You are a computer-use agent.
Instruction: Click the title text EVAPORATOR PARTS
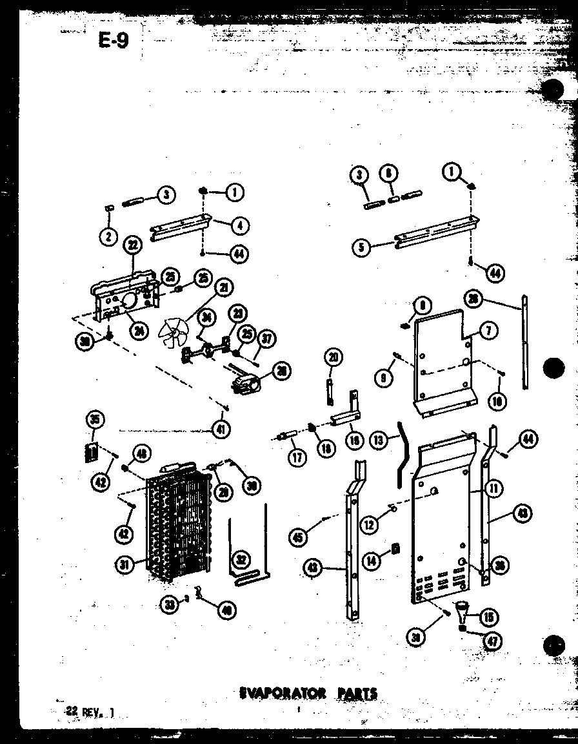point(308,694)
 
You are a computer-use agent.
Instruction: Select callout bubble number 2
point(108,236)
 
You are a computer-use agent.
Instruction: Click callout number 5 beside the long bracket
point(362,247)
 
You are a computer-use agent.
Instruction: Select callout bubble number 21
point(224,287)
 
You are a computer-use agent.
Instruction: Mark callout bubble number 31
point(125,564)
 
